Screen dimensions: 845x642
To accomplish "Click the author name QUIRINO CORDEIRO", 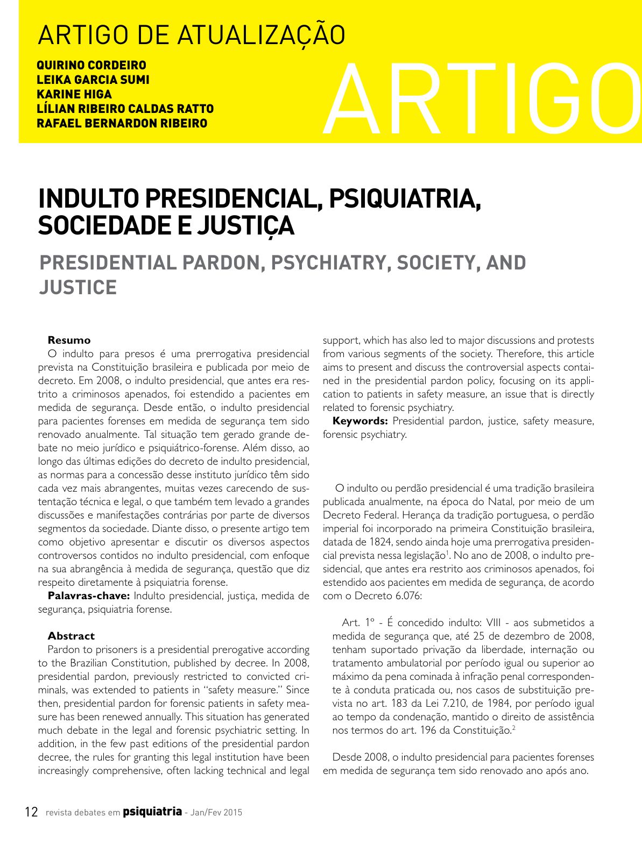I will click(91, 66).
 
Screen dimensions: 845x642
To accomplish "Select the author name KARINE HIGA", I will click(74, 95).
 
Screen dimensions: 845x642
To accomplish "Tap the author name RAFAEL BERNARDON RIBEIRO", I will click(122, 124).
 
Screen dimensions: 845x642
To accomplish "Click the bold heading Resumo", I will click(69, 340).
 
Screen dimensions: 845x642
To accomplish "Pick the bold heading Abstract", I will click(71, 636).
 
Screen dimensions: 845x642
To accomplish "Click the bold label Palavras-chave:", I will click(89, 595).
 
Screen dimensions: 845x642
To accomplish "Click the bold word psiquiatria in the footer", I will click(152, 811).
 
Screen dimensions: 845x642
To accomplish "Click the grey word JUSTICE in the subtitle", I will click(78, 288).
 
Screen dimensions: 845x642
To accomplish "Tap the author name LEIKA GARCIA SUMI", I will click(93, 80).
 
